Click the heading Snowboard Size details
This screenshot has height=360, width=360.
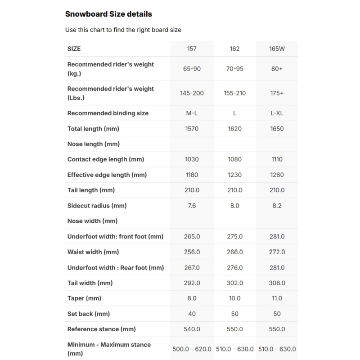click(x=108, y=14)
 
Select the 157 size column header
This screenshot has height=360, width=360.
click(x=192, y=49)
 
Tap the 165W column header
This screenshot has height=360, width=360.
click(x=277, y=49)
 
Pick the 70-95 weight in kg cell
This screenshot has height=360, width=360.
click(x=234, y=69)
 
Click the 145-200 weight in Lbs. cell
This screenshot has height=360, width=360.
click(x=192, y=93)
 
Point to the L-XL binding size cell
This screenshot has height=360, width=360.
click(x=277, y=113)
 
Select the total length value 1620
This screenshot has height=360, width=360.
click(x=234, y=129)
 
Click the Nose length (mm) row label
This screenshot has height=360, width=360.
click(x=93, y=144)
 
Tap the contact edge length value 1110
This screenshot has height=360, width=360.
click(x=277, y=159)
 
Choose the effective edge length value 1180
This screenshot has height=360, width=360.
click(x=192, y=175)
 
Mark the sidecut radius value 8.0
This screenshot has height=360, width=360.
click(x=234, y=206)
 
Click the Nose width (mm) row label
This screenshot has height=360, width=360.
click(x=92, y=221)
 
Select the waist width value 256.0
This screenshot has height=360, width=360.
click(x=192, y=252)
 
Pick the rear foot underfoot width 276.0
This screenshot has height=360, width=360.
click(x=234, y=267)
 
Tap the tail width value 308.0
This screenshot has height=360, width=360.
click(x=277, y=283)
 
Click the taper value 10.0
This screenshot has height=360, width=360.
click(x=234, y=298)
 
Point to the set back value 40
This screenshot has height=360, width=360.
click(x=192, y=314)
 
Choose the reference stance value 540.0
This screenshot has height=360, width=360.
click(x=192, y=329)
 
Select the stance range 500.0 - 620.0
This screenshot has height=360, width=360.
click(x=192, y=349)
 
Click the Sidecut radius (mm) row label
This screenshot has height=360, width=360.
click(x=97, y=206)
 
